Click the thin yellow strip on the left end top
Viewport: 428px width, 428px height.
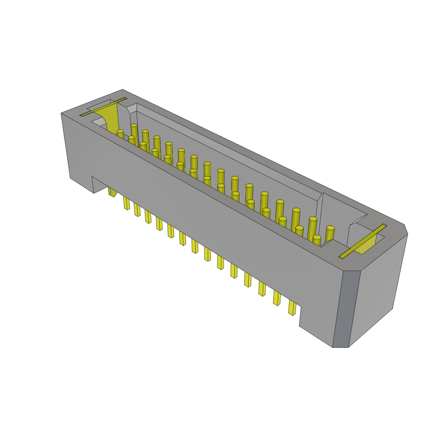tap(103, 107)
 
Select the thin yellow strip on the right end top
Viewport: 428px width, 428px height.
tap(363, 241)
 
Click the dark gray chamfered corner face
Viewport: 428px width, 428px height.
tap(346, 309)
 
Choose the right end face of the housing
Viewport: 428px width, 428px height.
tap(376, 284)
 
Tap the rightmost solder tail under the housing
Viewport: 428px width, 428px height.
tap(292, 308)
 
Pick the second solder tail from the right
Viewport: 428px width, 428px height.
tap(277, 298)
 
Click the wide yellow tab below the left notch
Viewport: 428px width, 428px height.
tap(112, 192)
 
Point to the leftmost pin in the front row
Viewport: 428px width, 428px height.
tap(120, 135)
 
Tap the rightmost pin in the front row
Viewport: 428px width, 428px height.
tap(316, 240)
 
